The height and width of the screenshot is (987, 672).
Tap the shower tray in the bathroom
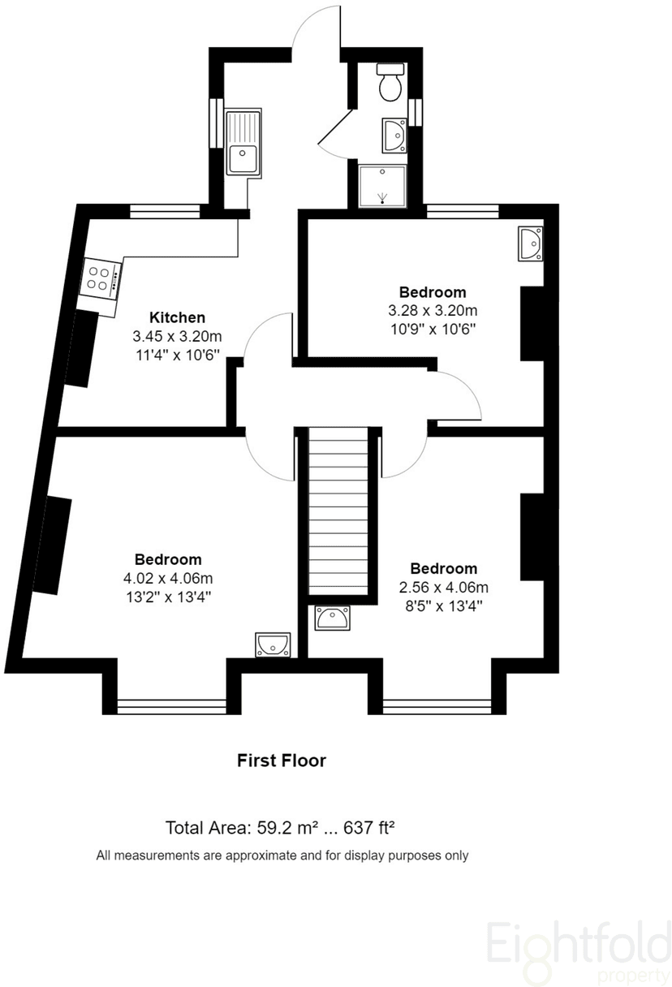point(382,186)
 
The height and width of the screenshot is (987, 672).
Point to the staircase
point(338,511)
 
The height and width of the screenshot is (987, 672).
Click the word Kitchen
point(177,317)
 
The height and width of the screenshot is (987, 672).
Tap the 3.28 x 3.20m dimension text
point(433,311)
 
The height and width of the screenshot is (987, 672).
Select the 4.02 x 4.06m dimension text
point(168,578)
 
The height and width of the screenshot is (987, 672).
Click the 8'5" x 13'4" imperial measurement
point(444,606)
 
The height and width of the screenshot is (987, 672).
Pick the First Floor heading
point(282,761)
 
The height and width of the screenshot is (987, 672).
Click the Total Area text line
point(280,828)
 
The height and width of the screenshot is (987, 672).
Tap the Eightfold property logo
point(579,953)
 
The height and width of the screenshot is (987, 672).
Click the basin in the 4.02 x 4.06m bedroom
point(274,645)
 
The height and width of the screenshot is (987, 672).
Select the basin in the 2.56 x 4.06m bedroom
point(332,618)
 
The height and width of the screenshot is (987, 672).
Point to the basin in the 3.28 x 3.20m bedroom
point(531,244)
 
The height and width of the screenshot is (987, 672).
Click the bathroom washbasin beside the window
point(394,136)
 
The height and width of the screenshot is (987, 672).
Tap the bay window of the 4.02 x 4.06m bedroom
point(172,707)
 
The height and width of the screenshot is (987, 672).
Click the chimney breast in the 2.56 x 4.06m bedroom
point(532,537)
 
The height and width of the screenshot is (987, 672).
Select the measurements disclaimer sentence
point(282,856)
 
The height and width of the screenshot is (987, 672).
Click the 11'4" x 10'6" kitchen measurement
point(177,355)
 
